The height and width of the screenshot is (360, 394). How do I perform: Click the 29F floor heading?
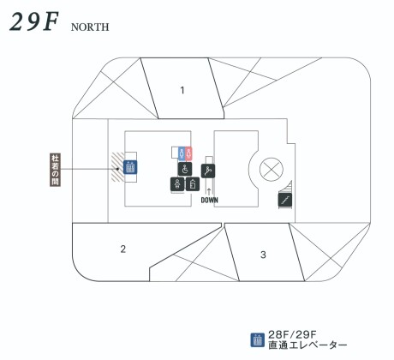click(x=34, y=21)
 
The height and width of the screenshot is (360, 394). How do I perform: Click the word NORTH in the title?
click(x=90, y=27)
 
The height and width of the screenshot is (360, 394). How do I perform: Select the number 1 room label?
click(x=182, y=90)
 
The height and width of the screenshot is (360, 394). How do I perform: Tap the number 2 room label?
click(x=123, y=249)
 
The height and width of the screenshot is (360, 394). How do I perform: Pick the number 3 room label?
click(x=263, y=255)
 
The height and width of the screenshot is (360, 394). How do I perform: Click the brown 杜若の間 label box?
click(x=55, y=170)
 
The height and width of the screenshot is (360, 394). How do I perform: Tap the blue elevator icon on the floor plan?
click(x=130, y=167)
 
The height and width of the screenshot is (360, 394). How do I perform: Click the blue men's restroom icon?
click(x=182, y=153)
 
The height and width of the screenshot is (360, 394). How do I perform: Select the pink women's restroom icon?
click(x=188, y=153)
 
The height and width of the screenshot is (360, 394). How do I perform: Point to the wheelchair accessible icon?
click(x=185, y=169)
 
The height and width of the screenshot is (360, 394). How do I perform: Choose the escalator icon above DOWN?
click(x=208, y=171)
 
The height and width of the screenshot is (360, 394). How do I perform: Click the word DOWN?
click(x=210, y=200)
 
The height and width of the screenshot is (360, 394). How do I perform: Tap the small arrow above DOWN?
click(x=209, y=192)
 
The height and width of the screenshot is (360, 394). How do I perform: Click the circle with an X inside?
click(x=272, y=169)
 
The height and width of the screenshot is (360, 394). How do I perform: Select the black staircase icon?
click(x=285, y=200)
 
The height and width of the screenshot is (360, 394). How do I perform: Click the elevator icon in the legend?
click(x=258, y=340)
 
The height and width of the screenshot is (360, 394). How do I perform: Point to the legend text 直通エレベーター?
click(x=307, y=345)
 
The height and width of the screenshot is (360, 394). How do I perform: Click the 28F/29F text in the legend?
click(x=292, y=334)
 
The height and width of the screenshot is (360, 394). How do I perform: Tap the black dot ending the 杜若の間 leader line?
click(x=117, y=169)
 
